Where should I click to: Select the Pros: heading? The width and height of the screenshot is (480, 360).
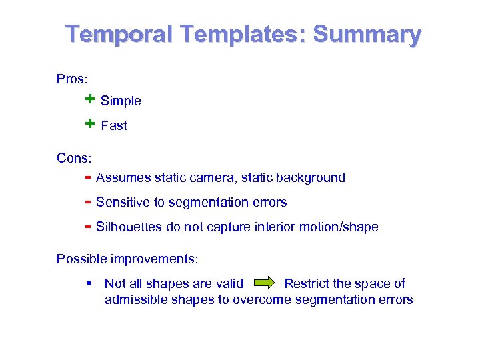coord(71,79)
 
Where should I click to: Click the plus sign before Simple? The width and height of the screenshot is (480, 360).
coord(90,99)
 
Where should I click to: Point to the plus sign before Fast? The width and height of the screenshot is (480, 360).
coord(90,124)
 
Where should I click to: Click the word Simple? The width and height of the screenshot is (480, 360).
coord(121,101)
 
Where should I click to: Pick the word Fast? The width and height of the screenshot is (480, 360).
coord(113,125)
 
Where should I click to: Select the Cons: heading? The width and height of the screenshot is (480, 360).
coord(74,158)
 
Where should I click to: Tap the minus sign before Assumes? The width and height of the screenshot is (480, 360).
coord(87,177)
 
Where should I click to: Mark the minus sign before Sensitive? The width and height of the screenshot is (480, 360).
coord(87,202)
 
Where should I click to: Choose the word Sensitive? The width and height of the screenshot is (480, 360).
coord(122,202)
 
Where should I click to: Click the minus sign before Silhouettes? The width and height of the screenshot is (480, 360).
coord(87,227)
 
